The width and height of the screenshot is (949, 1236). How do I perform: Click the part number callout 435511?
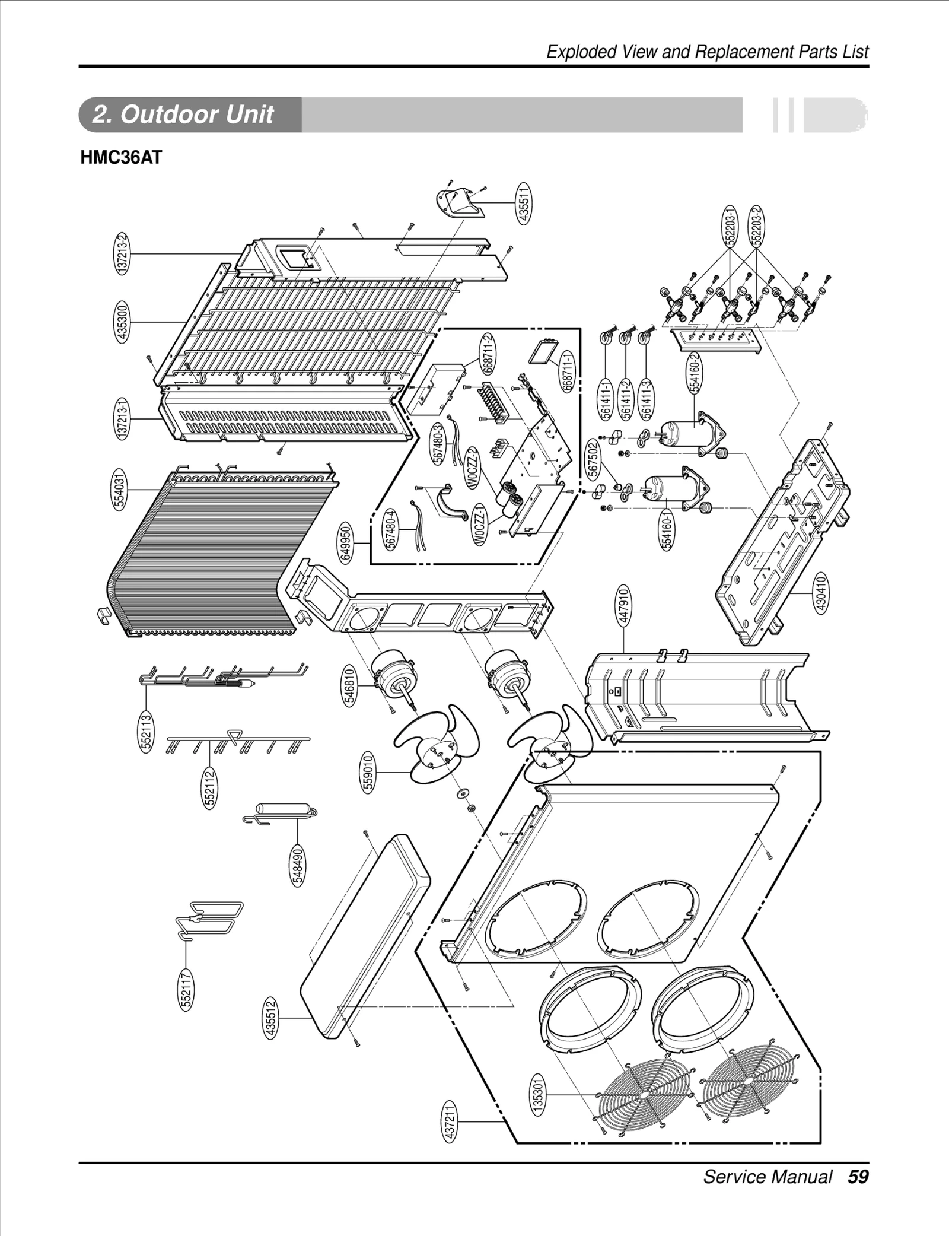[524, 203]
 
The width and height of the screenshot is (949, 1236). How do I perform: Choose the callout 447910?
[623, 605]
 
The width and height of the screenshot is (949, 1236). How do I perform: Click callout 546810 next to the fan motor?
[350, 685]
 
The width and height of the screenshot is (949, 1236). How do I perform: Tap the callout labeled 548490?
[298, 866]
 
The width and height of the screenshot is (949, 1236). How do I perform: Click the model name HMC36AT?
[121, 158]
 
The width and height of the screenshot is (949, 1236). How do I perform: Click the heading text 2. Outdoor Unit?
[183, 115]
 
